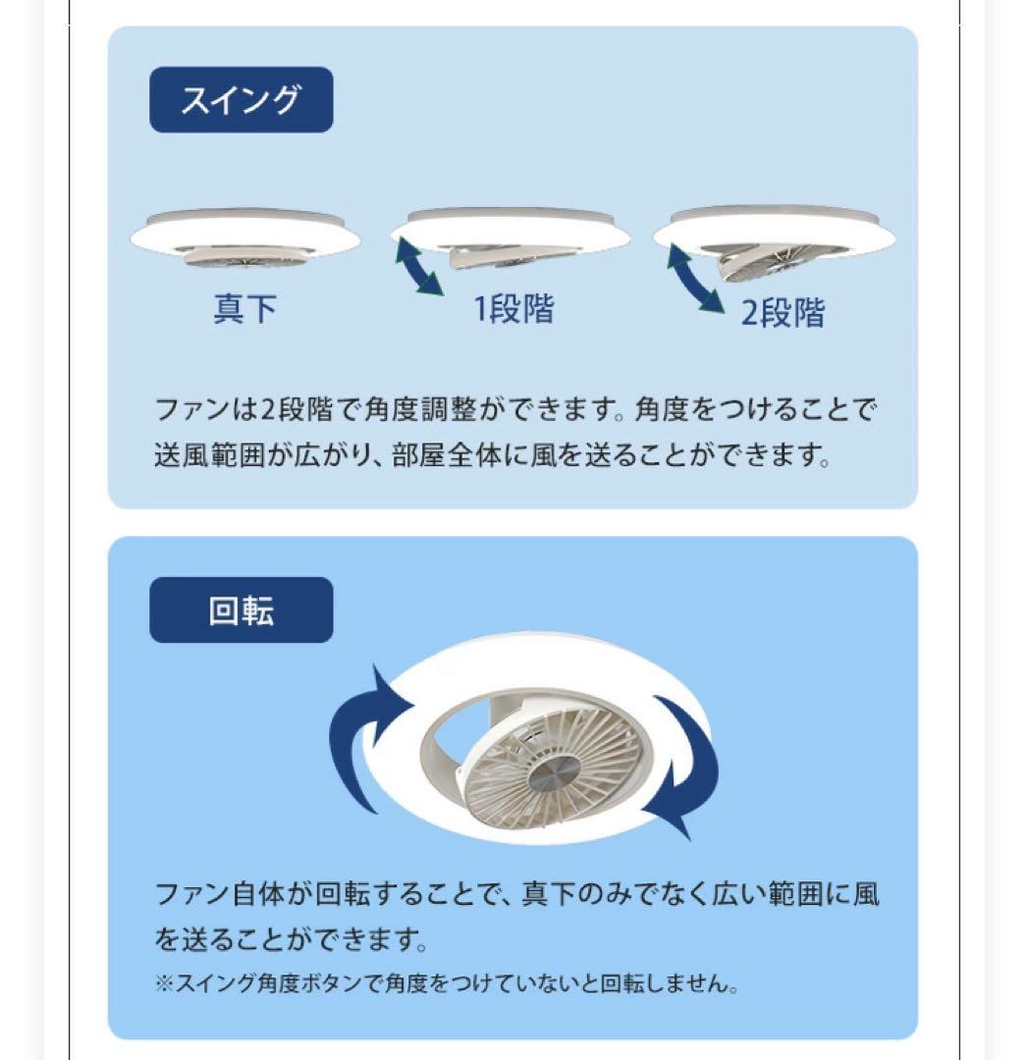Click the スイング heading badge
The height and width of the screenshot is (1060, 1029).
[x=241, y=100]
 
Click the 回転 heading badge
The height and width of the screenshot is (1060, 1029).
[x=241, y=610]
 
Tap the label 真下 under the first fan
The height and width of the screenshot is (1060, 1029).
[x=244, y=309]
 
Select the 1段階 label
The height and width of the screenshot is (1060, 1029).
[x=514, y=309]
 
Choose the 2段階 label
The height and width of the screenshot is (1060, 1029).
[x=783, y=314]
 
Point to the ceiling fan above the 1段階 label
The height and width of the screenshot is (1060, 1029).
[x=511, y=238]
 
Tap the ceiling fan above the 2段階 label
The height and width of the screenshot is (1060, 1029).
[x=775, y=238]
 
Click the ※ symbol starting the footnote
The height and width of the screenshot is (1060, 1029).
[x=164, y=983]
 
